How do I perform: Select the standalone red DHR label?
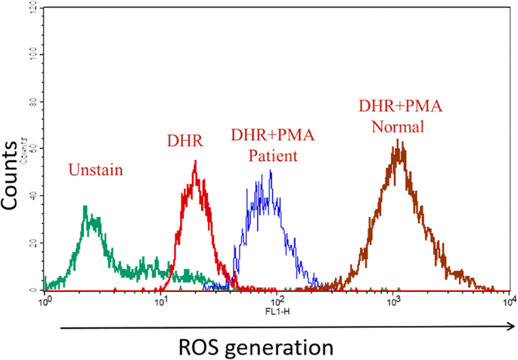(x=185, y=140)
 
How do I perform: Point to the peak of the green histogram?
(x=85, y=206)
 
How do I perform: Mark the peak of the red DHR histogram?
(x=196, y=161)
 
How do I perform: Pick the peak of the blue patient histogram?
(x=271, y=172)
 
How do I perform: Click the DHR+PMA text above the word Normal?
(x=399, y=106)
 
